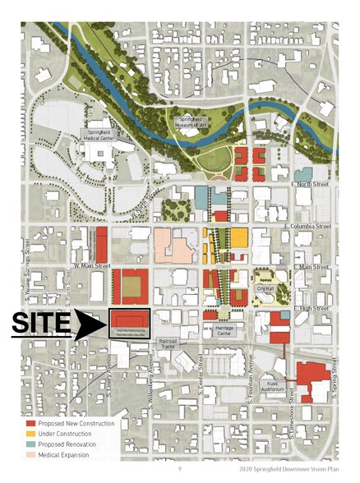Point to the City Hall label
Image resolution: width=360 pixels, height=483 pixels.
263,288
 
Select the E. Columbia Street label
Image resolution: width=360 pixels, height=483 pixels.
306,225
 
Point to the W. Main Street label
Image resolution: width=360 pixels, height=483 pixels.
91,265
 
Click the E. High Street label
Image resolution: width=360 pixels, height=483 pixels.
310,308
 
